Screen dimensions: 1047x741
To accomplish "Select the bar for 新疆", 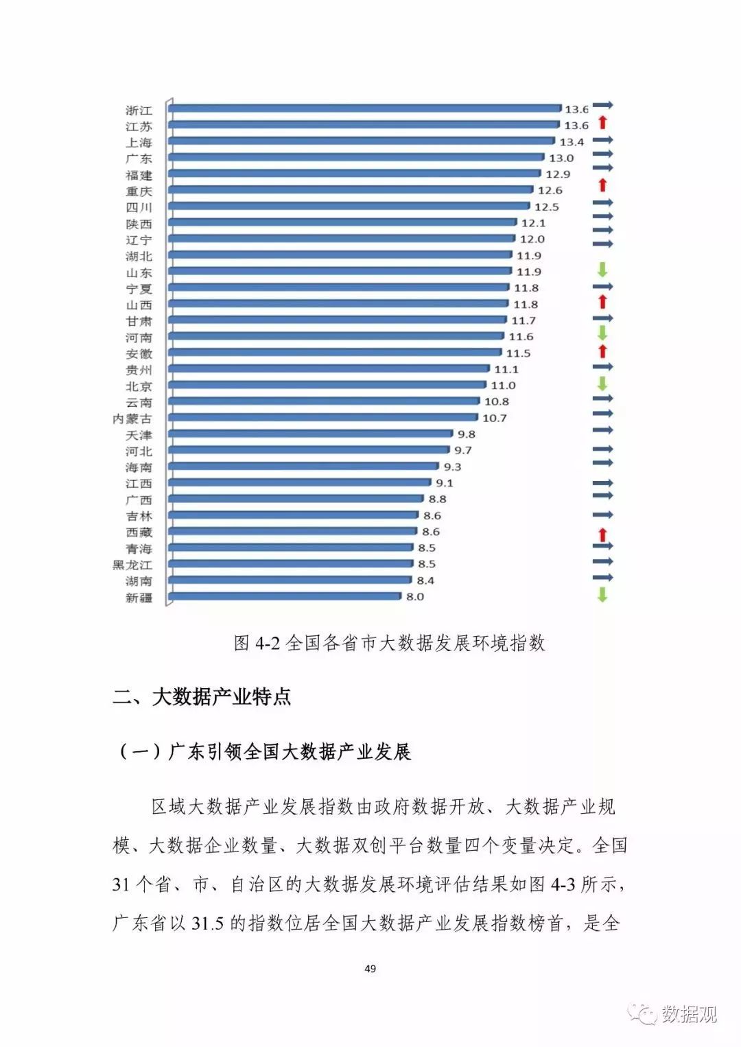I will tap(285, 596).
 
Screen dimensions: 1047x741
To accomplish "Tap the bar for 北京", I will tap(328, 385).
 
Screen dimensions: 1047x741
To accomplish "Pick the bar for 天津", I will tap(311, 434).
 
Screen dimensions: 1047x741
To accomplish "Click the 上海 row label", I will tap(139, 143).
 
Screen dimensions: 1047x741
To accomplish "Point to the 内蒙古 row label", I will tap(132, 419).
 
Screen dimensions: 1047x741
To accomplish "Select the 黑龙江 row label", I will tap(132, 565).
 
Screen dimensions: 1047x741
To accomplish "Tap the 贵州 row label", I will tap(139, 370).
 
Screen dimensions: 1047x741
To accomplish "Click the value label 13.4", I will tap(572, 142).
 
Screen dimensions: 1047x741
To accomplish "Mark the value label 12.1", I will tap(533, 223).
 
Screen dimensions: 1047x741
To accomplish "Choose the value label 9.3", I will tap(452, 467).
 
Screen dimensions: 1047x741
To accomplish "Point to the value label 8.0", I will tap(415, 597).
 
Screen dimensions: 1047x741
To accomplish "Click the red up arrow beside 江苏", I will tap(602, 123).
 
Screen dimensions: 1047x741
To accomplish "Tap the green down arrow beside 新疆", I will tap(602, 595).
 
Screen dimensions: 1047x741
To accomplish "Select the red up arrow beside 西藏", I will tap(602, 534).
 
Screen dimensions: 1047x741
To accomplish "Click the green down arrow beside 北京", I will tap(602, 383).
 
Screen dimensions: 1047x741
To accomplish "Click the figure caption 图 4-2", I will tap(389, 643).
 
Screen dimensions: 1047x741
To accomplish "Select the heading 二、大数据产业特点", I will tap(202, 697).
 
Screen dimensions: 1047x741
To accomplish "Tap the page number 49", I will tap(370, 969).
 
